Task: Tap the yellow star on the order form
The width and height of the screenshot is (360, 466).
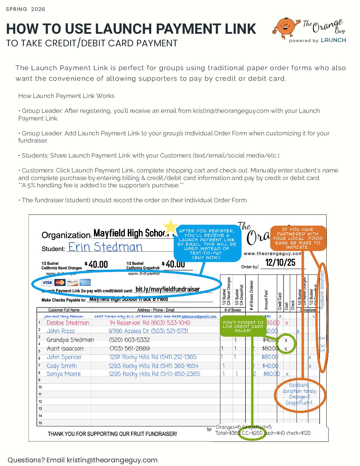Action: (x=170, y=227)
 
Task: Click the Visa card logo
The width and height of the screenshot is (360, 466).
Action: (x=47, y=282)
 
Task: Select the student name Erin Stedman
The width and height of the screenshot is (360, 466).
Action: (x=105, y=247)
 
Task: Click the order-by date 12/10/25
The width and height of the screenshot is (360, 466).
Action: (x=280, y=263)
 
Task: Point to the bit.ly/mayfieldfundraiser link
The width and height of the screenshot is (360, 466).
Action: (x=168, y=289)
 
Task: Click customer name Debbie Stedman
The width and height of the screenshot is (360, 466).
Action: (x=68, y=323)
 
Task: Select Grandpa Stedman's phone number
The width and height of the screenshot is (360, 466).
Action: (x=129, y=340)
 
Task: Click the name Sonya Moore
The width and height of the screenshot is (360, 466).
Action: (x=64, y=374)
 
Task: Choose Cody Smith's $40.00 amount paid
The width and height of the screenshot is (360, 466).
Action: (x=270, y=366)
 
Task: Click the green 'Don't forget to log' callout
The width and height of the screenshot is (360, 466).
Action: (x=243, y=326)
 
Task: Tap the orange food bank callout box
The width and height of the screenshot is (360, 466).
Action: (x=298, y=238)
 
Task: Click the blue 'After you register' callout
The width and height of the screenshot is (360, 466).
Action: (x=207, y=244)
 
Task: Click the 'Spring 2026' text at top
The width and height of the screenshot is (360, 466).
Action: (x=25, y=9)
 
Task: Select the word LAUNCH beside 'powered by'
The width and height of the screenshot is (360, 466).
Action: (x=333, y=40)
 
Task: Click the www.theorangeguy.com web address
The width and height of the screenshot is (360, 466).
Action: (x=273, y=254)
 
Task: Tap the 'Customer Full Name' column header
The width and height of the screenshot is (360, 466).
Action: (x=64, y=310)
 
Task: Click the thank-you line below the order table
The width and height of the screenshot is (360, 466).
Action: (x=112, y=434)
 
